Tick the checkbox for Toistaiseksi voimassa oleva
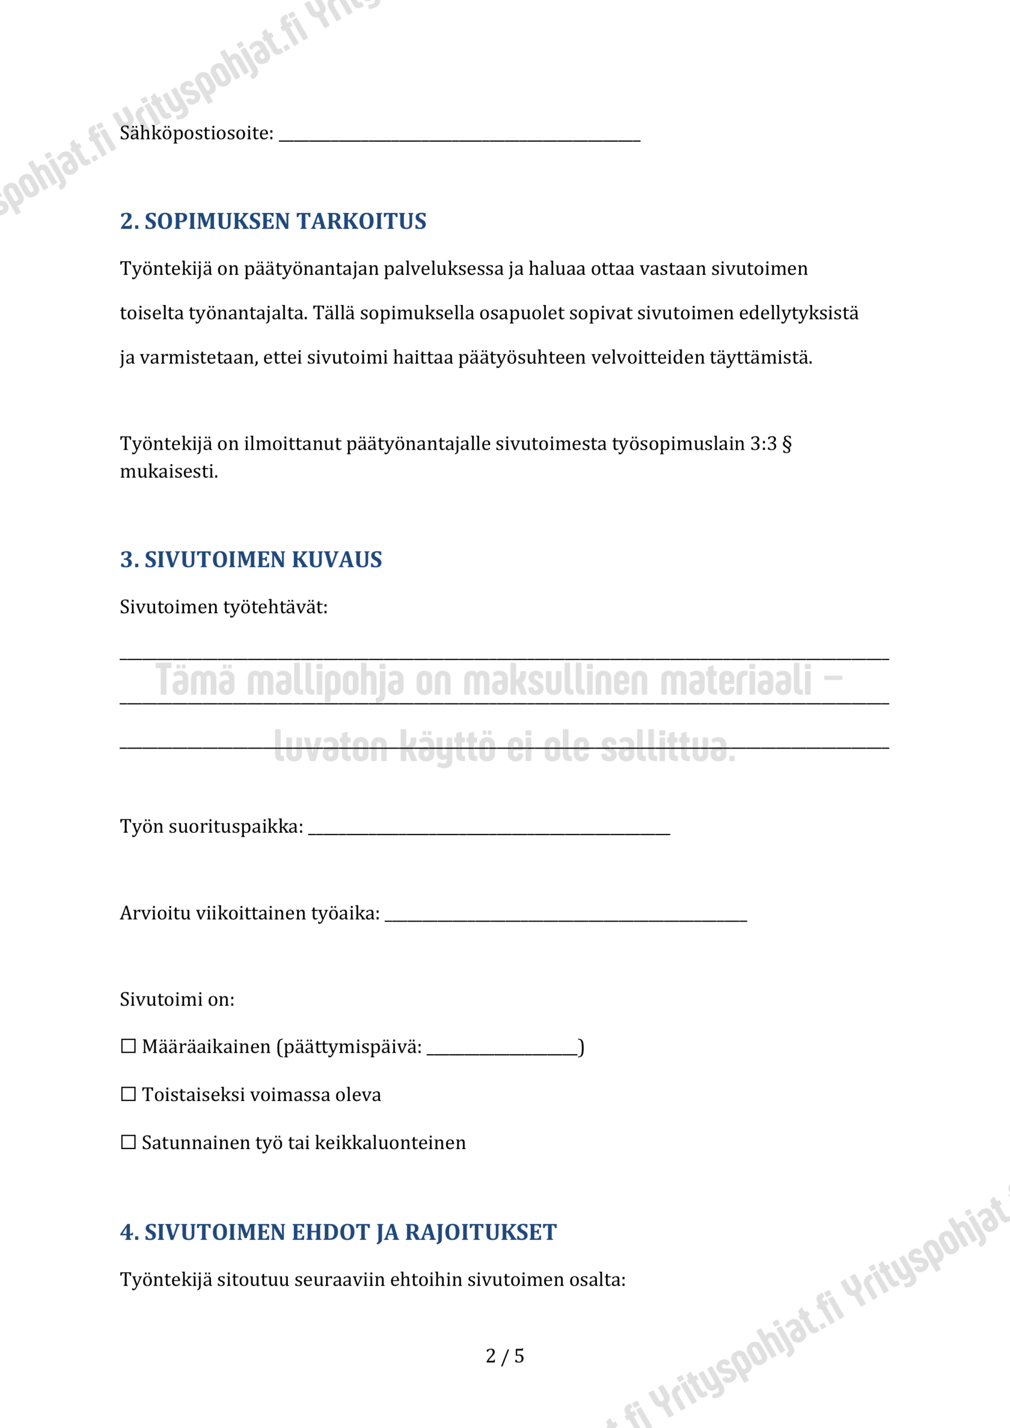coord(128,1094)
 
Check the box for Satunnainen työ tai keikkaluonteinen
coord(128,1142)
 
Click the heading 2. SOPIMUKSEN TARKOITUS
coord(273,221)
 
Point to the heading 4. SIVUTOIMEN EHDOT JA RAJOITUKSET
coord(339,1232)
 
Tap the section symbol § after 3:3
coord(787,444)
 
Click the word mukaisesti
coord(168,472)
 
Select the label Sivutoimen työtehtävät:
coord(223,607)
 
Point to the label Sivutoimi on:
coord(177,1000)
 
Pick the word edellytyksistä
coord(798,313)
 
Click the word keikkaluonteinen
coord(390,1142)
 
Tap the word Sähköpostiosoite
coord(196,133)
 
